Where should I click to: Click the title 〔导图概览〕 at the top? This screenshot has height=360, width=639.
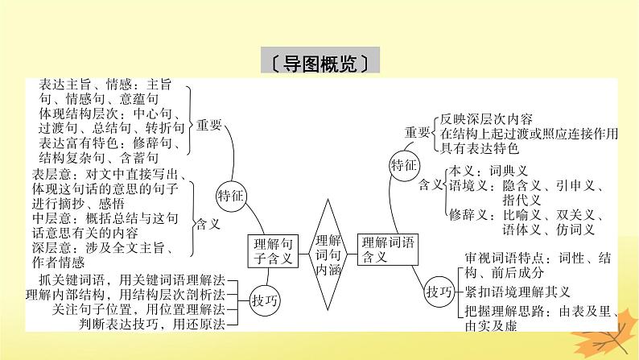tap(319, 64)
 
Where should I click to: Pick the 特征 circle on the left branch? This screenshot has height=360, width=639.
tap(233, 196)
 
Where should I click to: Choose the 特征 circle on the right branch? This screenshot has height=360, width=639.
tap(404, 165)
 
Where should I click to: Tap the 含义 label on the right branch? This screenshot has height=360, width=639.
tap(431, 185)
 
